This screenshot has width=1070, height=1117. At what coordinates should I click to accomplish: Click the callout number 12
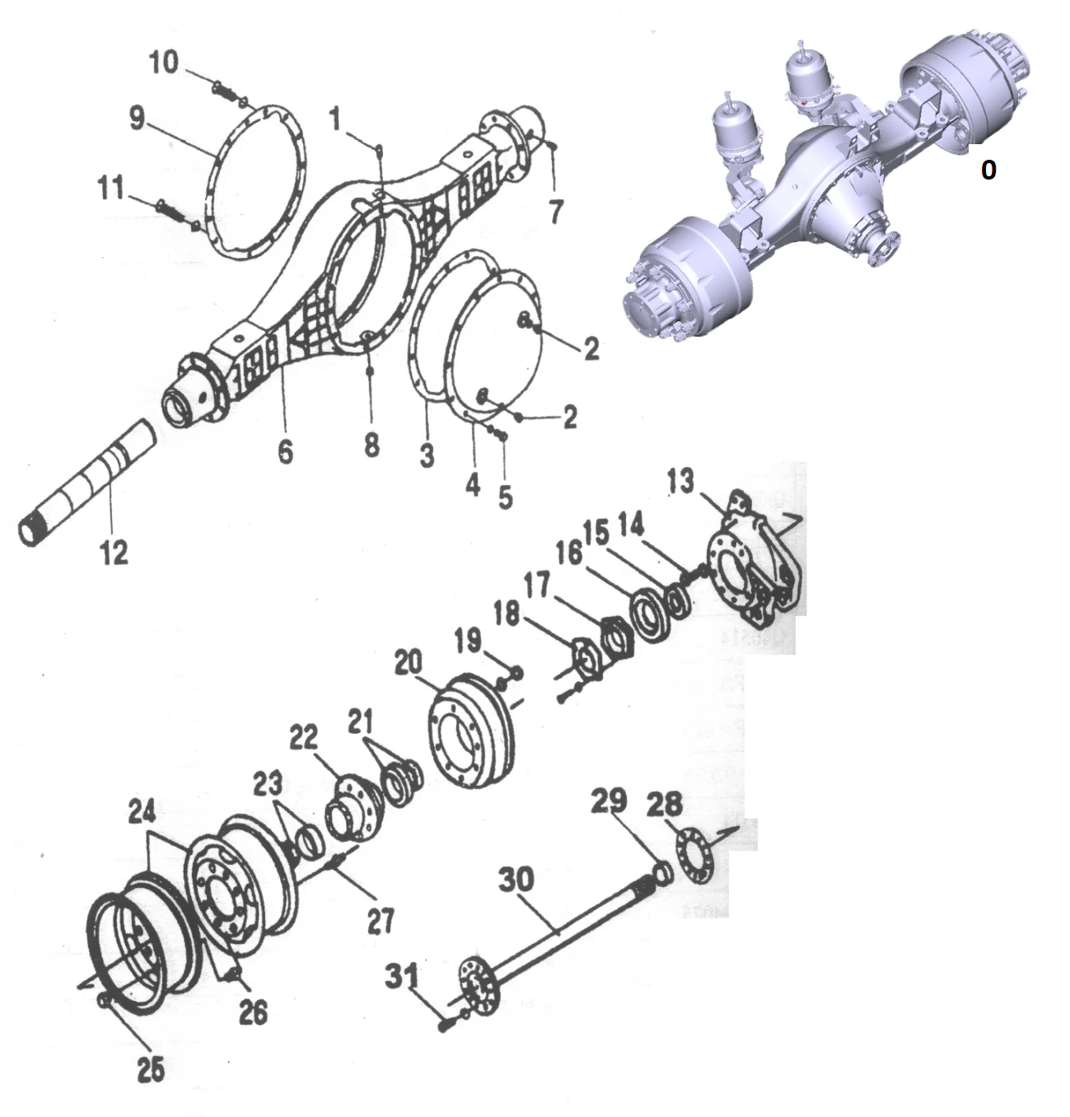(x=114, y=551)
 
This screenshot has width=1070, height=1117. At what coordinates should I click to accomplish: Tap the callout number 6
(x=285, y=451)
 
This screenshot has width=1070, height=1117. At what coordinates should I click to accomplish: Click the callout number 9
(x=137, y=118)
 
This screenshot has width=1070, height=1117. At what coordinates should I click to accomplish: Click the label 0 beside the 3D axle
(x=988, y=170)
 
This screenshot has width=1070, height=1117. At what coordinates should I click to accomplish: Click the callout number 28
(x=665, y=802)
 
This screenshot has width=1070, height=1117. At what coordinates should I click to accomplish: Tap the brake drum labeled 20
(x=470, y=733)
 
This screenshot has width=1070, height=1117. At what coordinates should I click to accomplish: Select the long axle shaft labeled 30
(x=560, y=931)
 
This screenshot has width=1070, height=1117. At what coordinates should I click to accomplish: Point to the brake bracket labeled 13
(x=750, y=568)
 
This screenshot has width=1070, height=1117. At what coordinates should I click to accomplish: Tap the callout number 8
(x=371, y=446)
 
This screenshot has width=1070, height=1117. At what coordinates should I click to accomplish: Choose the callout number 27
(x=381, y=920)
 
